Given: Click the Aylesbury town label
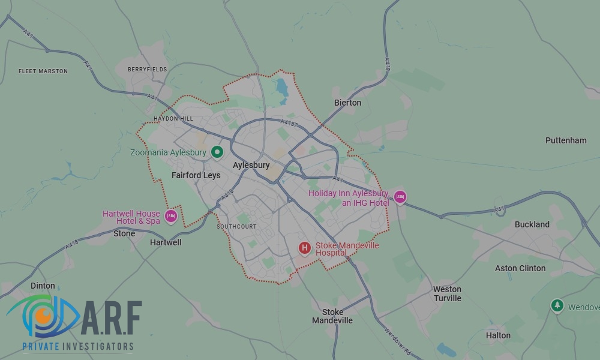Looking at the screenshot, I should pos(251,165).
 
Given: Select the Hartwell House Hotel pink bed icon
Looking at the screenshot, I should pos(171,216).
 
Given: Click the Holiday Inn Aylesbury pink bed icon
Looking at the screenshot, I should pos(400,197).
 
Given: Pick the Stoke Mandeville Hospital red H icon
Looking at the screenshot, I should pos(305,247).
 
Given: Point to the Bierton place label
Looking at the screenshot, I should pos(348,103).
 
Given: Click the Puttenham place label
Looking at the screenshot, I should pos(566,140).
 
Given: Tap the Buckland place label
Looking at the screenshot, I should pos(532,224).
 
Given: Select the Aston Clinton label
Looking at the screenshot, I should pos(520,268).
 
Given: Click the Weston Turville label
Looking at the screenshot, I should pos(448,293).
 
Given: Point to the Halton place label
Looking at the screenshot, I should pos(498,335).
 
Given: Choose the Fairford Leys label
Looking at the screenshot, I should pos(196,175).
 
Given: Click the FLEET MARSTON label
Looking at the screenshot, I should pos(43,71).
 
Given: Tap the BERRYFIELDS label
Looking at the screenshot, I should pos(148,70).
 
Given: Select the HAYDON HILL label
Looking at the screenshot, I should pos(173,119).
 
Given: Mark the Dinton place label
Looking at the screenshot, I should pos(43,286).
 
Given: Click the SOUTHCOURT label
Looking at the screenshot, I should pos(236,227).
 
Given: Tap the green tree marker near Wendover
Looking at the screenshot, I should pos(557,306).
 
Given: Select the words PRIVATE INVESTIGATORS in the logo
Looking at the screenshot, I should pos(78,346).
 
